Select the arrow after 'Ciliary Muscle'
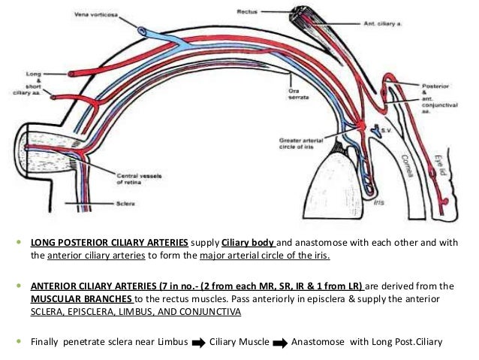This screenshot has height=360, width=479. (x=276, y=341)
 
